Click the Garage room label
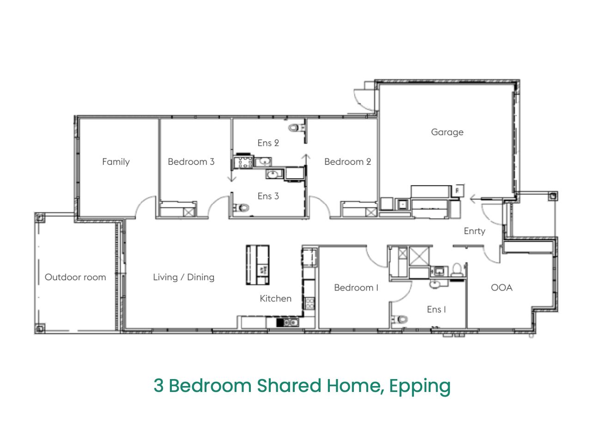[447, 132]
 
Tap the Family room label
[116, 162]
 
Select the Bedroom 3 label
[191, 162]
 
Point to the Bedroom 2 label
[347, 162]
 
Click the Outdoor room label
[75, 277]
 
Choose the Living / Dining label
[184, 277]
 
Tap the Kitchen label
[275, 298]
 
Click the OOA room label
[501, 288]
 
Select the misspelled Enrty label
[474, 231]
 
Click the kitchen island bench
[258, 265]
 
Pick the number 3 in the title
[158, 386]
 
